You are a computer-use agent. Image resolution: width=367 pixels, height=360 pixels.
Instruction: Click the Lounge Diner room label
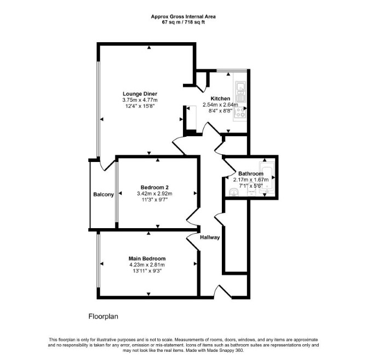(140, 94)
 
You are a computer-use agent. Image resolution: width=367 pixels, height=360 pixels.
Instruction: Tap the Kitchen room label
(220, 98)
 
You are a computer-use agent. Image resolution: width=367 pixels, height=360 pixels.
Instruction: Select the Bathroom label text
(251, 173)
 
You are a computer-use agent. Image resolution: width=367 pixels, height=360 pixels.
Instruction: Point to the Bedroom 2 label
(154, 187)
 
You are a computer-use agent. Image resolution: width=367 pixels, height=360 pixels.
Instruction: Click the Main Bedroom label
(147, 259)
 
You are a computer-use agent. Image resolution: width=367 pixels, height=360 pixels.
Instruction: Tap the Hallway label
(210, 237)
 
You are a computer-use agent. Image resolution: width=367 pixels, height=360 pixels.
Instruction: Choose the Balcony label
(104, 194)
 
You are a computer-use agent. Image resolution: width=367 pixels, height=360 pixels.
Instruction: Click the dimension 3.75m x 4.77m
(140, 100)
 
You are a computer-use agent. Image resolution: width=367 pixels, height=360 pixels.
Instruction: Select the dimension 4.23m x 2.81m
(147, 265)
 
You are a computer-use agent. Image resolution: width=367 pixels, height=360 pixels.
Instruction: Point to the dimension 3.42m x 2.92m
(154, 194)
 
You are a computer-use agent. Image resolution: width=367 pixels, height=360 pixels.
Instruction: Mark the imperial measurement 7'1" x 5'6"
(251, 186)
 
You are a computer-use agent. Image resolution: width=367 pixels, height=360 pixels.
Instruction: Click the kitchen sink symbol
(240, 91)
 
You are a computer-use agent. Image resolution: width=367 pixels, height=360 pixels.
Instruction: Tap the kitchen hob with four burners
(240, 113)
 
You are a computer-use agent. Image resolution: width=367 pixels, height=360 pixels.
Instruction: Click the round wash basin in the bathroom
(233, 193)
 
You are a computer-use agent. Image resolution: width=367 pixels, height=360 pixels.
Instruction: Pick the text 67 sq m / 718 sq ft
(184, 22)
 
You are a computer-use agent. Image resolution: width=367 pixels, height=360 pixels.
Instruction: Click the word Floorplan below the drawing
(103, 317)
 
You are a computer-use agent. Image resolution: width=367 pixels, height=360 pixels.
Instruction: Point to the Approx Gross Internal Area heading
(184, 17)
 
